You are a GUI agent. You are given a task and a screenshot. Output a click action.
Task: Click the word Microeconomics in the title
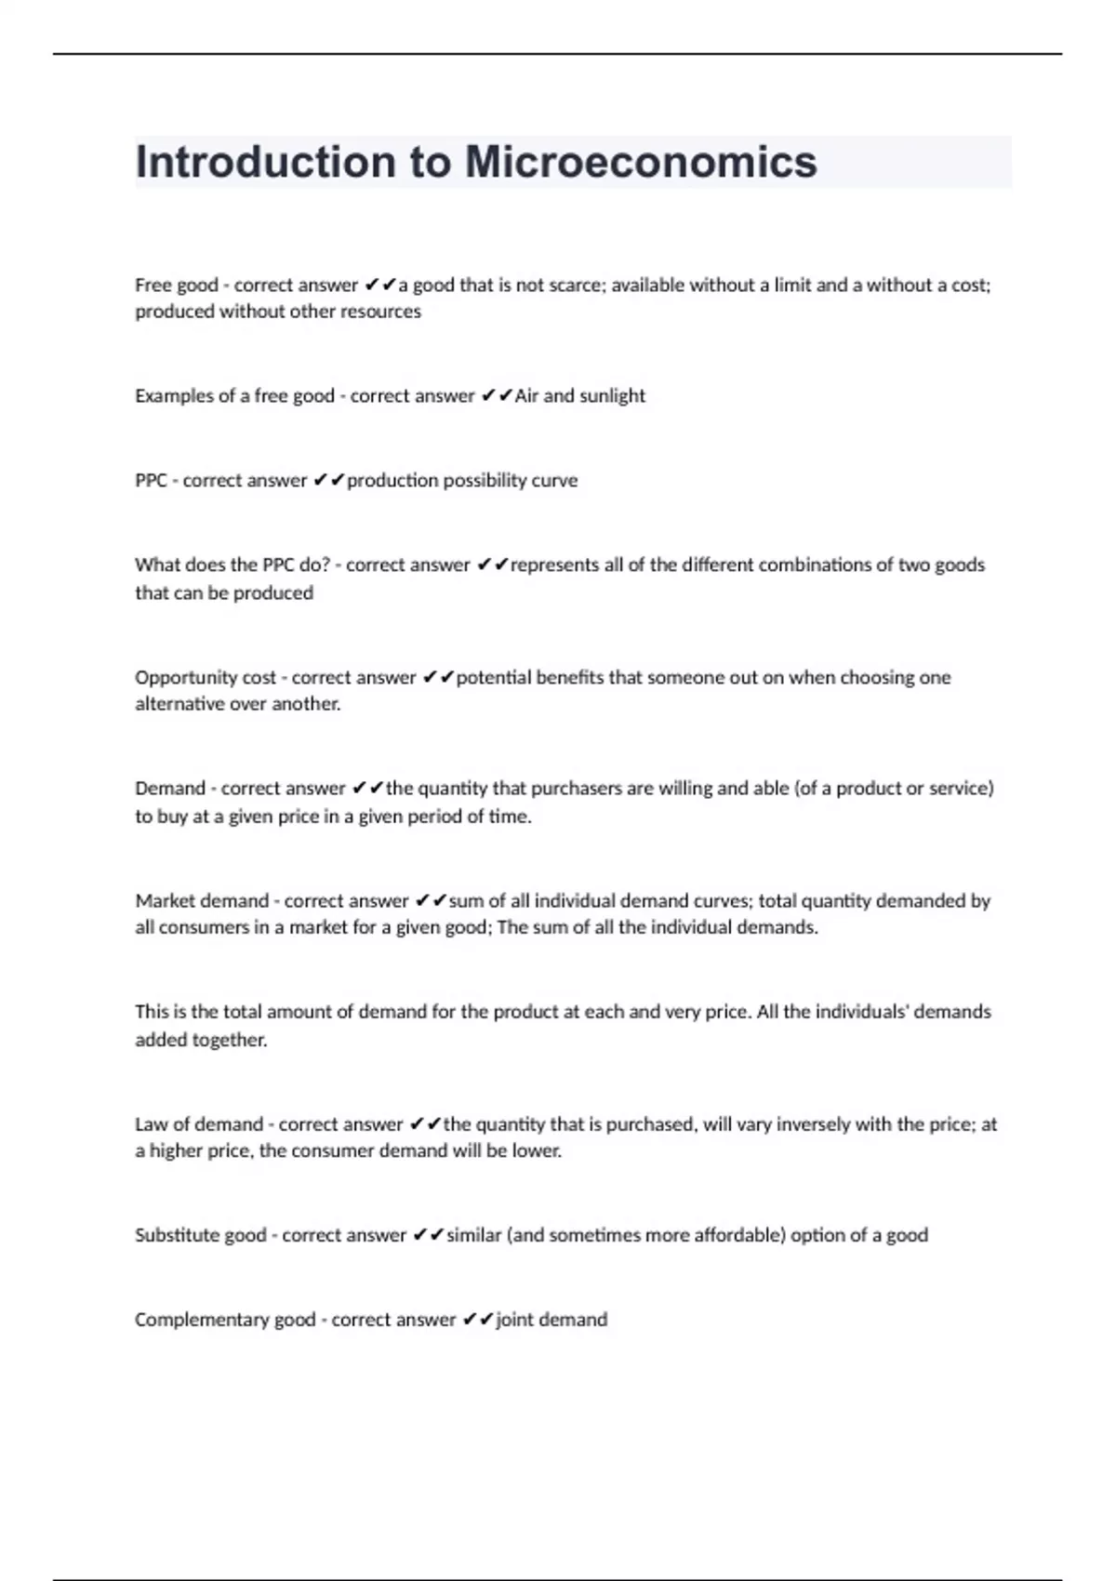pyautogui.click(x=641, y=162)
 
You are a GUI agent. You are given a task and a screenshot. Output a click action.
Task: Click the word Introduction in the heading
pyautogui.click(x=265, y=162)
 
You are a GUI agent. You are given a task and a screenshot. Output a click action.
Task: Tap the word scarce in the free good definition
pyautogui.click(x=572, y=286)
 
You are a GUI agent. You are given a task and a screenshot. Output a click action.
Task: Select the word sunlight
pyautogui.click(x=612, y=396)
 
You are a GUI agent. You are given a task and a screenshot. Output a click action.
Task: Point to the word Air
pyautogui.click(x=526, y=396)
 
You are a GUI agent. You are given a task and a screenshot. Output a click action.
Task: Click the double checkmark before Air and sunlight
pyautogui.click(x=498, y=396)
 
